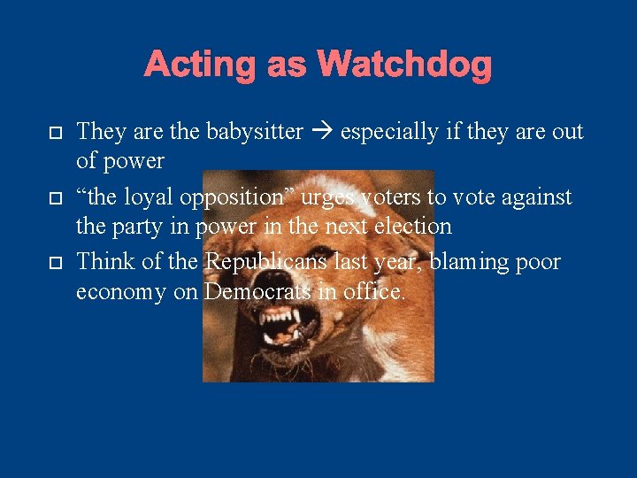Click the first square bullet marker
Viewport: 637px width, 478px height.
[54, 133]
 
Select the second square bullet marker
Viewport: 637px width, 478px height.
[54, 198]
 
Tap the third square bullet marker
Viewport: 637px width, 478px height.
[54, 264]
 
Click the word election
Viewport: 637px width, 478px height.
[414, 227]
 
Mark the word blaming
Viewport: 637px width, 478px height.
[470, 263]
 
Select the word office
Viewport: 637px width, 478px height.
[374, 292]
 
